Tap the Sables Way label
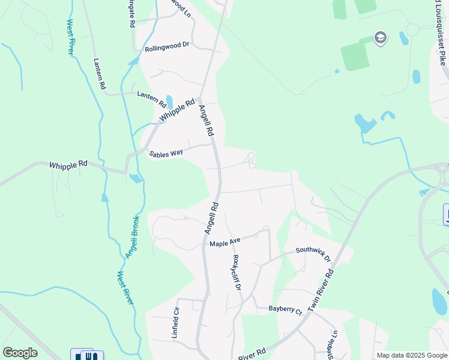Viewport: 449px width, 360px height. pos(166,153)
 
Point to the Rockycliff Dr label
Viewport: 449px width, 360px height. pos(237,273)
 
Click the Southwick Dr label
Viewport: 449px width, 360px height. pos(313,254)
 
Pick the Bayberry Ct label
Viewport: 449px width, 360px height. pos(285,310)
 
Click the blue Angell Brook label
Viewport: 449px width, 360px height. pos(132,237)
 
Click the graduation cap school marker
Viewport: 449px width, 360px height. pos(380,38)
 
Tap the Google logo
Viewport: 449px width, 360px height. pos(20,353)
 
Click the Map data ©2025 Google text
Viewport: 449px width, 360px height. pos(411,355)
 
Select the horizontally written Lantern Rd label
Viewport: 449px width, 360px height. pos(150,95)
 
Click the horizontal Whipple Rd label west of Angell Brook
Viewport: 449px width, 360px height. pos(68,164)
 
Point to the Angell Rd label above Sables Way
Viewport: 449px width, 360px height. pos(206,120)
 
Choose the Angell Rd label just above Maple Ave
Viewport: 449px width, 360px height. pos(210,217)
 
